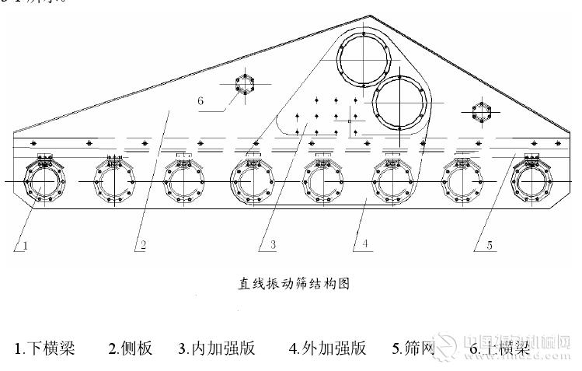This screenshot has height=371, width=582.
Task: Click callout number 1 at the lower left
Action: tap(26, 246)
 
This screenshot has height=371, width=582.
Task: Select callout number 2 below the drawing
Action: tap(142, 246)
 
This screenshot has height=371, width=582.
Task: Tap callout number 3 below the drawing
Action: tap(274, 246)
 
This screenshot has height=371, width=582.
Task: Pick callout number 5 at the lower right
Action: tap(490, 246)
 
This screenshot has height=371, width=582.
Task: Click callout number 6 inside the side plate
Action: tap(200, 101)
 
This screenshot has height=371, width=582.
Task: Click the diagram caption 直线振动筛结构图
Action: tap(294, 283)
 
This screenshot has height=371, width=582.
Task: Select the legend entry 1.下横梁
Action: tap(44, 348)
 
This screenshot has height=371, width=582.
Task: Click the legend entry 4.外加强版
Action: tap(327, 348)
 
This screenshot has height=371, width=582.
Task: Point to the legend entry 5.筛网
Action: tap(413, 348)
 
